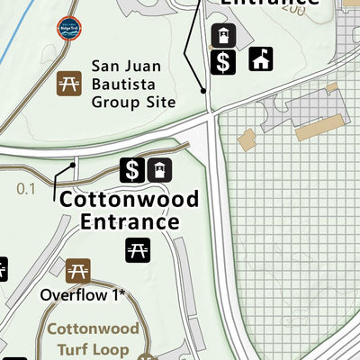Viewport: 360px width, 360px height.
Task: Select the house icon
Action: [261, 60]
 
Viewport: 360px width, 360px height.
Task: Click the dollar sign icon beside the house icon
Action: [223, 61]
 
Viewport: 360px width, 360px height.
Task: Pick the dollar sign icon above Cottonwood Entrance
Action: [132, 169]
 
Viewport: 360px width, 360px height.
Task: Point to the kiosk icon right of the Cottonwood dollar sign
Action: [159, 169]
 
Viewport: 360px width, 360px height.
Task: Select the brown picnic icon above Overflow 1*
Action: [77, 269]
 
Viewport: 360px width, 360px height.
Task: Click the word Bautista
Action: [130, 84]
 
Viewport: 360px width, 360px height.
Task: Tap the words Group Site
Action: [133, 102]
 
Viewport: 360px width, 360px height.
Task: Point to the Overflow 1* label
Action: [82, 294]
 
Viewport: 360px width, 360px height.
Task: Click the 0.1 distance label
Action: [26, 188]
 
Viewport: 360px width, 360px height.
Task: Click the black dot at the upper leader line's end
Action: [204, 91]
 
